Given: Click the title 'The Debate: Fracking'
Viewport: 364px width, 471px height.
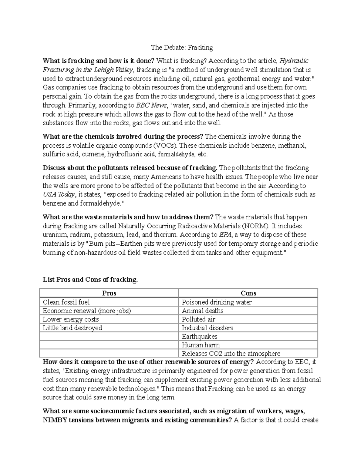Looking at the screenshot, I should click(182, 48).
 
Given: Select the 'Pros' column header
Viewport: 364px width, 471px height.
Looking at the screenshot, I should click(109, 293).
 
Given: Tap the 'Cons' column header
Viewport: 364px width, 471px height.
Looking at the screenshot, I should click(248, 293).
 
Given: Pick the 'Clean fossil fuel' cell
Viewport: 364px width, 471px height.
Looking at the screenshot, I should click(66, 302).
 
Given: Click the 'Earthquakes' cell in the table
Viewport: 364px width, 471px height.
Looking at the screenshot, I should click(199, 336).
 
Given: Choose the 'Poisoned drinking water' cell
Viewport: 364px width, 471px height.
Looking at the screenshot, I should click(217, 302).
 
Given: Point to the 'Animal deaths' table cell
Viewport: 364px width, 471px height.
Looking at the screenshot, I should click(202, 311).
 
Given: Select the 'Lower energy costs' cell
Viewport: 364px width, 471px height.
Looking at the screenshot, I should click(71, 319).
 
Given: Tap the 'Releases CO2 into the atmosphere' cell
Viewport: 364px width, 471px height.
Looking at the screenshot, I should click(231, 354).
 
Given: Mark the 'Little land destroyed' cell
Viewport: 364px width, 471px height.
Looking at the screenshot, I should click(72, 328).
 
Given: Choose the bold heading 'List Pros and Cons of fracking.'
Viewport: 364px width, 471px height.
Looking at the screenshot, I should click(90, 280).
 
